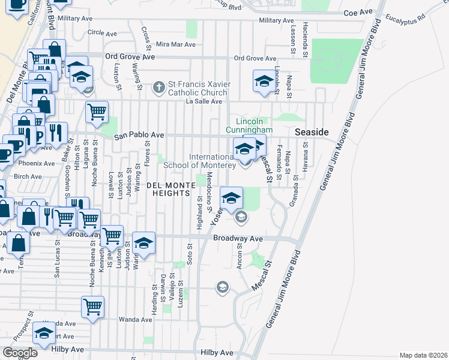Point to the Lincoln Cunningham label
(250, 125)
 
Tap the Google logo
(20, 353)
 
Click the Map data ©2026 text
(423, 355)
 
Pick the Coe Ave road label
(355, 13)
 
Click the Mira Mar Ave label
(175, 44)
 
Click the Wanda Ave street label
(133, 319)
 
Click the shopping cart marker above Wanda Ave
(92, 307)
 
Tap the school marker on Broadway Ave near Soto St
(143, 243)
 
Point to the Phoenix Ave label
(36, 163)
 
